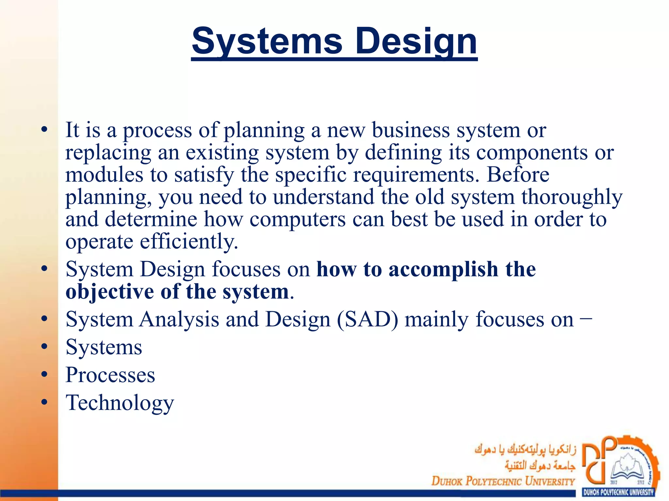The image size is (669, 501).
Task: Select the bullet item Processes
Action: (110, 375)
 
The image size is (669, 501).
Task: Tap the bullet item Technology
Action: (120, 403)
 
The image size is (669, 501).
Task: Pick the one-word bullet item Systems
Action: (104, 347)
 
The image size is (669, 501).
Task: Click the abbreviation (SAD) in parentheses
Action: (367, 319)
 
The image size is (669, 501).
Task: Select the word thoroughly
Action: (572, 197)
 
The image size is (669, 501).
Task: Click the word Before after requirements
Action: (518, 175)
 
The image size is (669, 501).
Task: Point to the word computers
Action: (297, 219)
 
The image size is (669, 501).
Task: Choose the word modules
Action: (104, 175)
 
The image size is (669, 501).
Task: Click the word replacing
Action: (108, 153)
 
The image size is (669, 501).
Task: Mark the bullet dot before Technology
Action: (44, 402)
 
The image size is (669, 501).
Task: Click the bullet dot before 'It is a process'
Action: (44, 130)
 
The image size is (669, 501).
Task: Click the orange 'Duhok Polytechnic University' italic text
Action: (503, 481)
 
